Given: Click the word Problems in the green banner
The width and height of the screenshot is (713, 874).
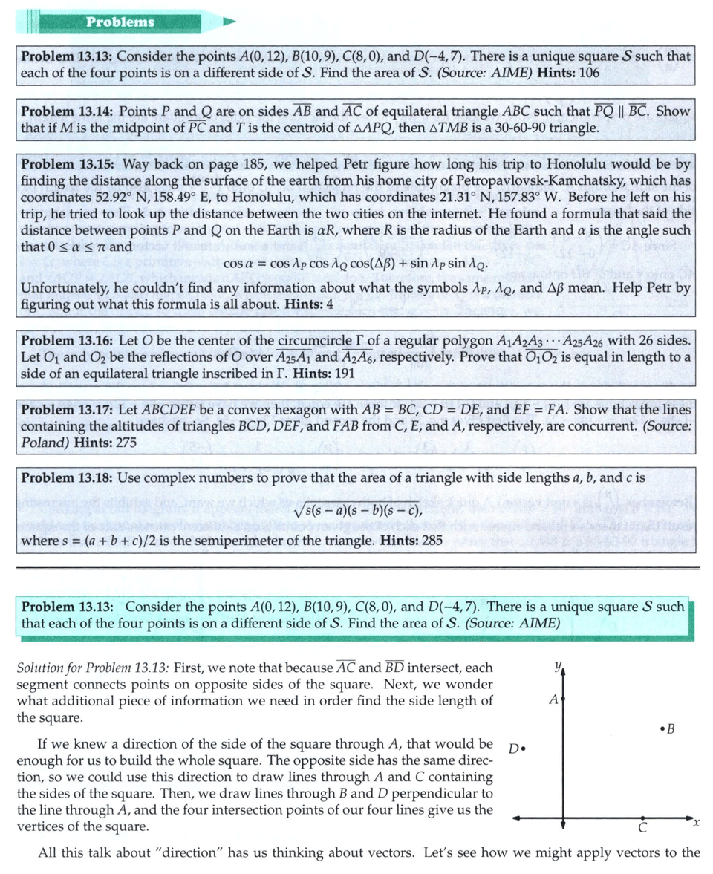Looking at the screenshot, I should click(120, 22).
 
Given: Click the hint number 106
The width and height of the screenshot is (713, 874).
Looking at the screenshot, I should click(589, 73).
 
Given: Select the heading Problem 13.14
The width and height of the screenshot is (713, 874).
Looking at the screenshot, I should click(67, 111).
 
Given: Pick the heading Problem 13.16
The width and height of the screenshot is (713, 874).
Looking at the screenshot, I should click(67, 341).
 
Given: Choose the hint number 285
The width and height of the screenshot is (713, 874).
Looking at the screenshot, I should click(432, 540).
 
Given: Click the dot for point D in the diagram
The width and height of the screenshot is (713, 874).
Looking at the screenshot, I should click(524, 747).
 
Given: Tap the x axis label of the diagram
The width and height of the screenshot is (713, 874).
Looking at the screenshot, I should click(695, 824).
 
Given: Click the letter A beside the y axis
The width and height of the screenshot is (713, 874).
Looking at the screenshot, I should click(553, 699).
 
